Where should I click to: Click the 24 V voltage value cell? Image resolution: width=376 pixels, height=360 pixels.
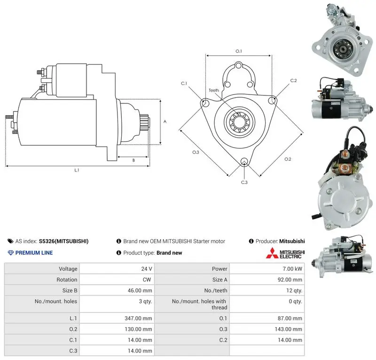[x=147, y=269]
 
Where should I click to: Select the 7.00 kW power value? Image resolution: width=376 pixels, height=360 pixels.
[x=292, y=269]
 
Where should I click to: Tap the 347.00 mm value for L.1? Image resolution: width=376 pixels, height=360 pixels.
[x=138, y=318]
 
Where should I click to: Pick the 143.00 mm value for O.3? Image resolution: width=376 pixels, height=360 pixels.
[x=288, y=329]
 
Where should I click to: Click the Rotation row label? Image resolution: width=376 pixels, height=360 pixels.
[x=67, y=280]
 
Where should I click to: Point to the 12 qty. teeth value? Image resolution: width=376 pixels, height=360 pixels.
[x=294, y=290]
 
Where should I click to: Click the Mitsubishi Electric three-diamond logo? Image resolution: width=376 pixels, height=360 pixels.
[x=272, y=253]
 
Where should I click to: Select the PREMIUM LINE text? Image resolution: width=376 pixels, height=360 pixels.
[x=34, y=253]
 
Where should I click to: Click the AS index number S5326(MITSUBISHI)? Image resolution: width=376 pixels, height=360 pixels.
[x=63, y=241]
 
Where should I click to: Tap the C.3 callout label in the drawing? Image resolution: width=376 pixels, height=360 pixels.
[x=244, y=182]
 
